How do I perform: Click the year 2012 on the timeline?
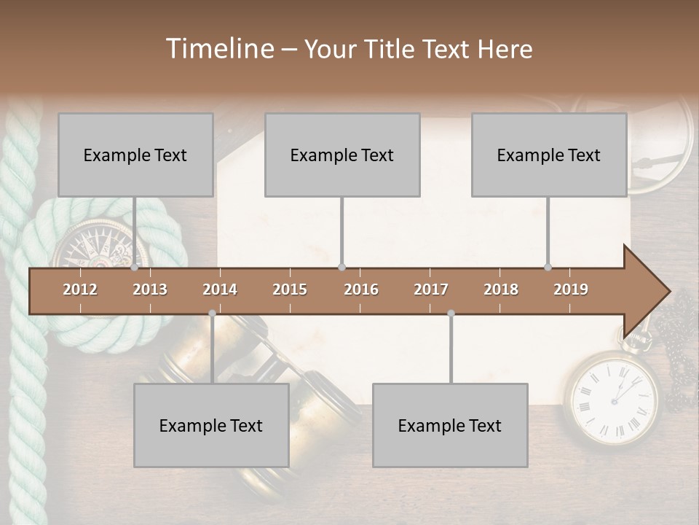tap(80, 289)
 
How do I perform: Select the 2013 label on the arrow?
tap(150, 289)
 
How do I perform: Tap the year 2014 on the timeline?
tap(220, 289)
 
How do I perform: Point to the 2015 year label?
tap(290, 289)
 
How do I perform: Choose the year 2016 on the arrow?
tap(361, 289)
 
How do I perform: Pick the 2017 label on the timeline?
tap(431, 289)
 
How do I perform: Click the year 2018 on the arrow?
tap(501, 289)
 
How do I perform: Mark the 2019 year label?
tap(571, 289)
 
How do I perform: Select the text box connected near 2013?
tap(135, 155)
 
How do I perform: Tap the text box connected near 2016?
tap(342, 155)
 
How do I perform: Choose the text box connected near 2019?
tap(549, 155)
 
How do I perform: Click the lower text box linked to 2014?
tap(211, 425)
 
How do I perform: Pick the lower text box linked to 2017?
tap(450, 425)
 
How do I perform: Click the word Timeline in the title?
tap(219, 49)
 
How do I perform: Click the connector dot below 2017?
tap(451, 313)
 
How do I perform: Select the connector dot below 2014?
tap(212, 313)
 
